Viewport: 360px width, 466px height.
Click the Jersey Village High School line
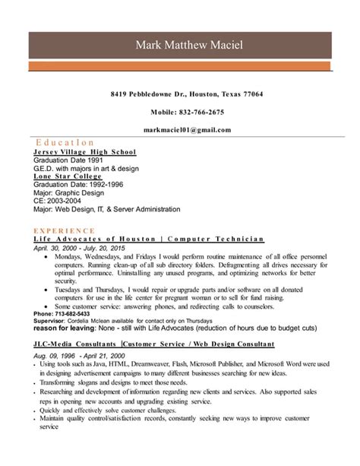tap(84, 152)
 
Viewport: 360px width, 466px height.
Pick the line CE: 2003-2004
tap(61, 201)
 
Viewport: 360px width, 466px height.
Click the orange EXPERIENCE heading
tap(66, 228)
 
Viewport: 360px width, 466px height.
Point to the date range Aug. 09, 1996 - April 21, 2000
tap(79, 355)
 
